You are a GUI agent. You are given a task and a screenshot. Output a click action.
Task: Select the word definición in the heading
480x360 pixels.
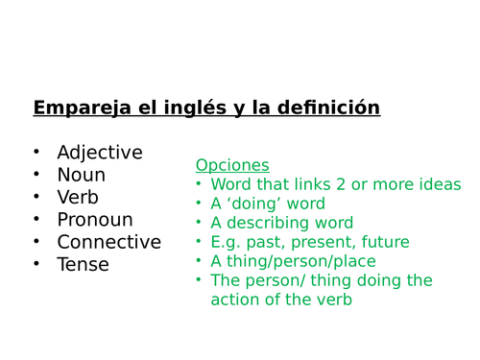tap(329, 108)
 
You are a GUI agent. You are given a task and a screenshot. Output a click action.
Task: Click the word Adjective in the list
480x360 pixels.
tap(99, 153)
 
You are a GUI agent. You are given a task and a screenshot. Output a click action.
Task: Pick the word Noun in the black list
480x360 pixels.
tap(81, 175)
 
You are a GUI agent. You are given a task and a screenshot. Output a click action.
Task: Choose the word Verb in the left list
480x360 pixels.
tap(79, 197)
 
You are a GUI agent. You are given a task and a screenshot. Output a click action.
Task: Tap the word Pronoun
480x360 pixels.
tap(94, 220)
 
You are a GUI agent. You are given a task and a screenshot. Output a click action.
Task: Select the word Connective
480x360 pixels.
tap(108, 242)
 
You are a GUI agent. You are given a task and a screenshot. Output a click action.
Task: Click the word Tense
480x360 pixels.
tap(83, 264)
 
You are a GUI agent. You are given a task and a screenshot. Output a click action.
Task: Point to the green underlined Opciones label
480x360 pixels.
tap(232, 165)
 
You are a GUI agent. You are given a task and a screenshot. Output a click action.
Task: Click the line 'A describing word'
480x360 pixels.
tap(281, 223)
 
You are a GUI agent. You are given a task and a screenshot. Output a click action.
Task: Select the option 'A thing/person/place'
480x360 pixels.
tap(293, 261)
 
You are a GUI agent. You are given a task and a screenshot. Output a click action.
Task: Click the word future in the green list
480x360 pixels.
tap(383, 242)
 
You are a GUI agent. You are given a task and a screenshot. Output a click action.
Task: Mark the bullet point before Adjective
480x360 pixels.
tap(36, 153)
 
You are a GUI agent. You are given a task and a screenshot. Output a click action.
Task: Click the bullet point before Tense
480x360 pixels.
tap(36, 264)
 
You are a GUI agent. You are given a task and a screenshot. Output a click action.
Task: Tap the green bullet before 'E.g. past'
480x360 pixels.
tap(199, 242)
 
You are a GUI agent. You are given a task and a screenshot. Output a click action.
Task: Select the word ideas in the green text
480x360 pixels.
tap(441, 184)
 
